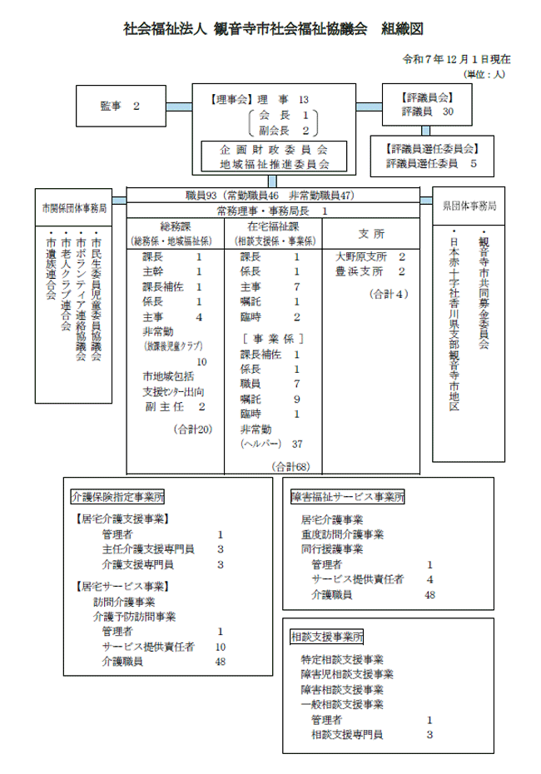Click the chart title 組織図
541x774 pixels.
coord(403,29)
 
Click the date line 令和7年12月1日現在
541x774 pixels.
coord(455,61)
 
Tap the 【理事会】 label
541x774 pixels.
coord(227,99)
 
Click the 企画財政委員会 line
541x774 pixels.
coord(274,149)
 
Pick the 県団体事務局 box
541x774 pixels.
coord(469,205)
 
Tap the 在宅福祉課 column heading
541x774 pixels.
coord(273,226)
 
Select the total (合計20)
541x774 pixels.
coord(193,429)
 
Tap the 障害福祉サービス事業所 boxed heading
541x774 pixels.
coord(348,497)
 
